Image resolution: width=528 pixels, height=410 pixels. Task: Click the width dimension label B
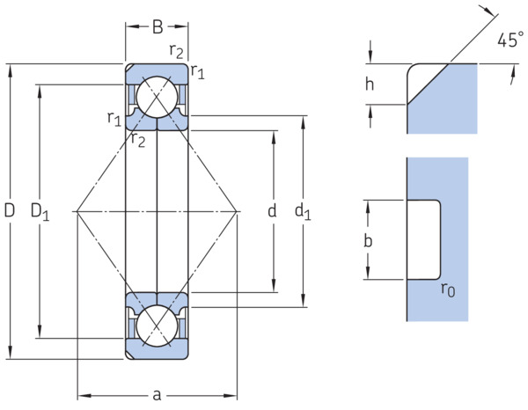pyautogui.click(x=158, y=27)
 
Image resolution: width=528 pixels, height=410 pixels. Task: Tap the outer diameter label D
pyautogui.click(x=10, y=211)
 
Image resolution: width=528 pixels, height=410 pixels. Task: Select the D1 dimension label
pyautogui.click(x=40, y=212)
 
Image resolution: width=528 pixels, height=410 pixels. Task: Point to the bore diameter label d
pyautogui.click(x=272, y=211)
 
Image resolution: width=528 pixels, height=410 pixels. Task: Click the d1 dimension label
pyautogui.click(x=303, y=212)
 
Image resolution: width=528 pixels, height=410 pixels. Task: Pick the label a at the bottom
pyautogui.click(x=157, y=395)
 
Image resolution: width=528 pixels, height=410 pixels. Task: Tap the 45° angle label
pyautogui.click(x=510, y=40)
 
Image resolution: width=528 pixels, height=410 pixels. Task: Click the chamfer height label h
pyautogui.click(x=370, y=84)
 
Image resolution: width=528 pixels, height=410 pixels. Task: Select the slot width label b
pyautogui.click(x=368, y=240)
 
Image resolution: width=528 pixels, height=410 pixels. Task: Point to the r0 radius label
pyautogui.click(x=448, y=289)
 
